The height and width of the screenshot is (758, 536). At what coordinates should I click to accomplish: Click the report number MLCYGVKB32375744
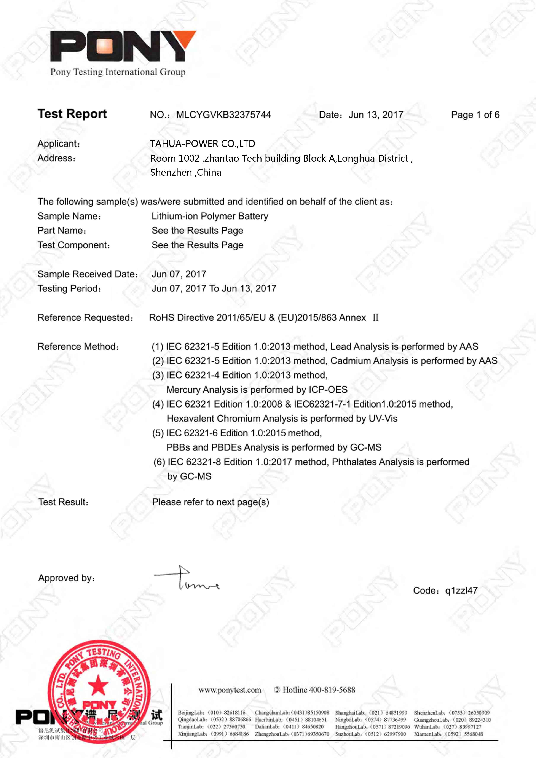pos(223,115)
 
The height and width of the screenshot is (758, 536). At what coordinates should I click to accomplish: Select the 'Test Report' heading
pos(72,114)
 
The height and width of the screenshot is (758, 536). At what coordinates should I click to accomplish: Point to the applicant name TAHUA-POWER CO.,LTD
pos(203,144)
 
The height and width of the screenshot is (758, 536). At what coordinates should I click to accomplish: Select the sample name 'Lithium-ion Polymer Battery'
pos(210,216)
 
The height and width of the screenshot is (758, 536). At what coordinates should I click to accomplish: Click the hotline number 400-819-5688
pos(332,690)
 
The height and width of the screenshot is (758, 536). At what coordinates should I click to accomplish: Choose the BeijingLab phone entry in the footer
pos(211,713)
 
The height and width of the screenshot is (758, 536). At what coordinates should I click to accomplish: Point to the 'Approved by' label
pos(66,578)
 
